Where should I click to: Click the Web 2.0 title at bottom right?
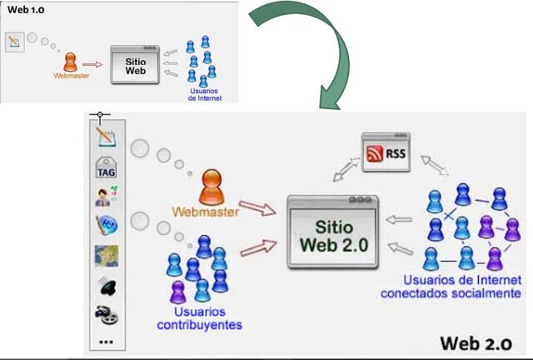click(x=479, y=342)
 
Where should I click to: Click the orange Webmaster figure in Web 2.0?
click(x=212, y=186)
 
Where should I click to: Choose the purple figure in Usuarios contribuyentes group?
click(x=177, y=291)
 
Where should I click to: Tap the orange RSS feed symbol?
click(x=376, y=153)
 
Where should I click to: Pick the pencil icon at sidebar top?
click(x=106, y=137)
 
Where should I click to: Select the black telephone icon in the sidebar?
click(x=106, y=286)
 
